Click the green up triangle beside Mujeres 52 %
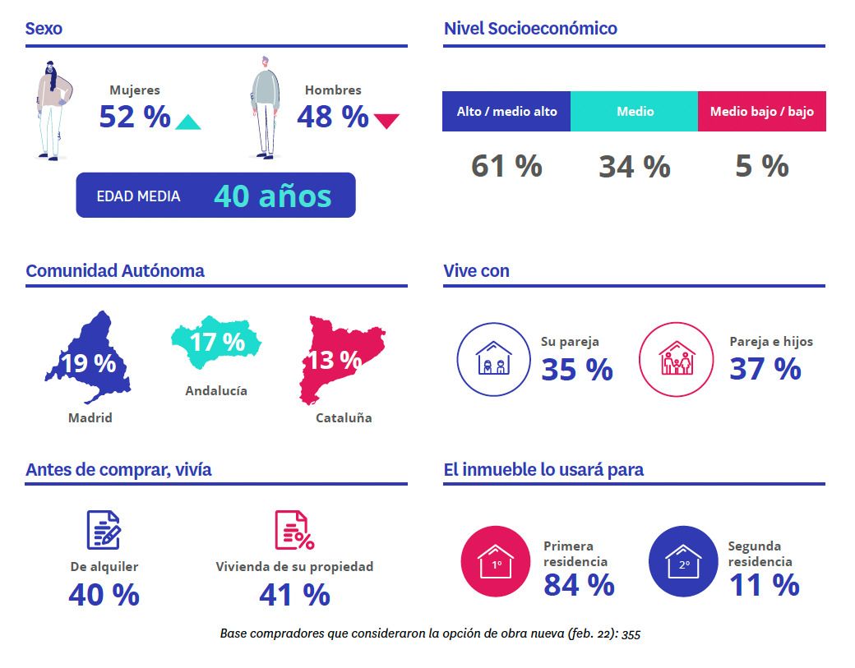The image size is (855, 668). coord(188,123)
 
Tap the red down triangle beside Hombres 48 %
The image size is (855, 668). coord(386,122)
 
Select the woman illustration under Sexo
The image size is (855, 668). coord(53,108)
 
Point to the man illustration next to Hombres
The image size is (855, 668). coord(264,107)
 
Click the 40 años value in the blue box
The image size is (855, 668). coord(272,196)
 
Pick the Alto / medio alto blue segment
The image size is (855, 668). coord(506,111)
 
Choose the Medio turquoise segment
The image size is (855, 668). coord(635,111)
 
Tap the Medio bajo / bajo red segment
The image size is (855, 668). coord(761,111)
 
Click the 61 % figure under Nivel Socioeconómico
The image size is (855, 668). coord(506,166)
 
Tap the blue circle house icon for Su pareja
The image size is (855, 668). coord(494,359)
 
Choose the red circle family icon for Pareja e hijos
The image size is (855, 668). coord(677,359)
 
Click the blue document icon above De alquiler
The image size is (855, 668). coord(104,530)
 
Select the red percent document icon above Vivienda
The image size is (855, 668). coord(293,530)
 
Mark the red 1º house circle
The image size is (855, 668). coord(497,561)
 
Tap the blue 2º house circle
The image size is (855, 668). coord(683,561)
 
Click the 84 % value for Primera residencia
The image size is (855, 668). coord(579,585)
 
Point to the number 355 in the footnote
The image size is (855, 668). coord(631,634)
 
